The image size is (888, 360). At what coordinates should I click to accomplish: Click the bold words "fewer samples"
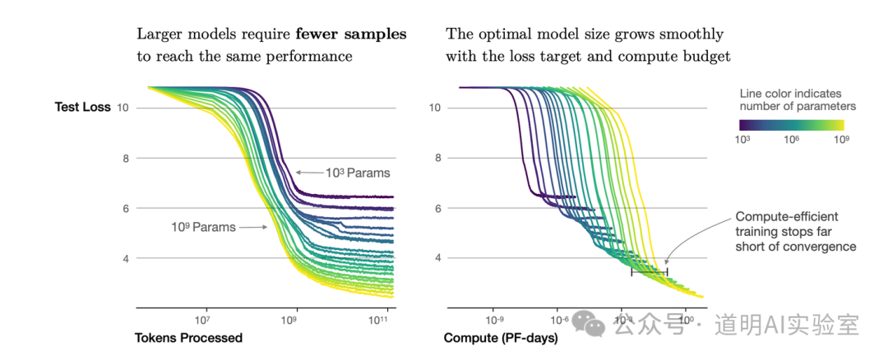361,35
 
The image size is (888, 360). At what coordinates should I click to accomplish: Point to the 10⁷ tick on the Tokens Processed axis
203,320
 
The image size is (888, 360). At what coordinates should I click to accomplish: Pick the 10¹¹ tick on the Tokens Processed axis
379,320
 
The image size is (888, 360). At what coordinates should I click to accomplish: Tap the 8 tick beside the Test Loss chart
126,158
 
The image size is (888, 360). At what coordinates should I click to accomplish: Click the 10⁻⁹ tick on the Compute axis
495,320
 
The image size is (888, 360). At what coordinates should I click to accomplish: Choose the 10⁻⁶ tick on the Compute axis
559,320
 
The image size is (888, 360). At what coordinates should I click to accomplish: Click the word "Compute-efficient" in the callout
775,216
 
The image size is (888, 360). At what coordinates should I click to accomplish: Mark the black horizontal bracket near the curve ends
650,271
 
